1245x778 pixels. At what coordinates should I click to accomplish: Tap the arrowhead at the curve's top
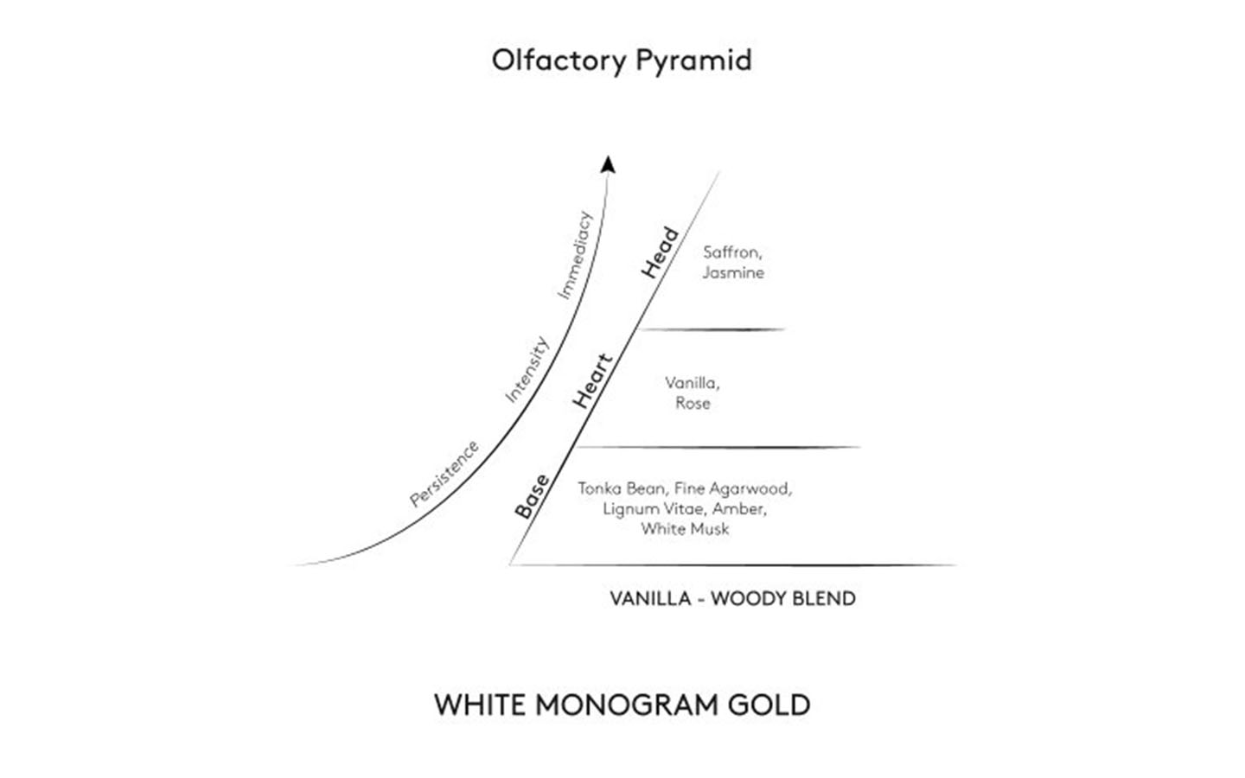tap(608, 164)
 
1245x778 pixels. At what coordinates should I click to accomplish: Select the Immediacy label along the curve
tap(575, 255)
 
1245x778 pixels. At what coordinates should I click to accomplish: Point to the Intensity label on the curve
tap(527, 369)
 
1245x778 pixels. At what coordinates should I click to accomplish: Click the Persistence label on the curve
tap(444, 474)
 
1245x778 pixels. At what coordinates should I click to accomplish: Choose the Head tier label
tap(660, 252)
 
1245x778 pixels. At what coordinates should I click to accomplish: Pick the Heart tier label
tap(593, 381)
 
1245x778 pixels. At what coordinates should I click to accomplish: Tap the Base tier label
tap(532, 496)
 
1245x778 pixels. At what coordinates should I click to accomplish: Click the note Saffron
tap(732, 252)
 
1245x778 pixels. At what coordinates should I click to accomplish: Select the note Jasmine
tap(733, 273)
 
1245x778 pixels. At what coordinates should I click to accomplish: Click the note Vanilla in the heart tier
tap(692, 383)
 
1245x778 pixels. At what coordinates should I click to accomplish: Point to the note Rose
tap(693, 403)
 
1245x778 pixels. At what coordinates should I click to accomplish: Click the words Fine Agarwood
tap(733, 489)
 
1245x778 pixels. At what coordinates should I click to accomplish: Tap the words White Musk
tap(685, 529)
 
